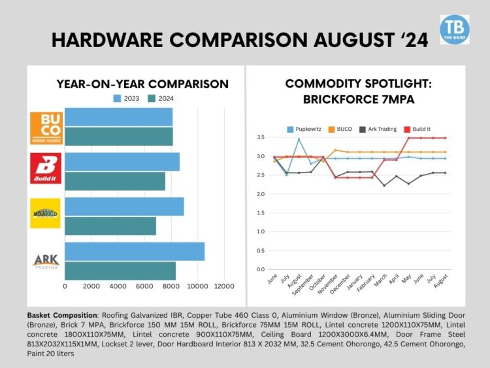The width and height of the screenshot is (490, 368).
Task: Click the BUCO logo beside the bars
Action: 46,127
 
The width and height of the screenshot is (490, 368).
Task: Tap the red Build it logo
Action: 46,168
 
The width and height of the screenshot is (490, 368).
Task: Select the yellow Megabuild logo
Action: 46,213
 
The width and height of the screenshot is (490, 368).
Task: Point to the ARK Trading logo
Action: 46,260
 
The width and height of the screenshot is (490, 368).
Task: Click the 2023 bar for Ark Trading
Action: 135,251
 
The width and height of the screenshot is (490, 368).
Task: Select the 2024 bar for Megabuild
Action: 110,226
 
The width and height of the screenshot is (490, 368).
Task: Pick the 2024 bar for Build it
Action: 115,181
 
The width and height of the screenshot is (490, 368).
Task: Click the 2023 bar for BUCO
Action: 118,117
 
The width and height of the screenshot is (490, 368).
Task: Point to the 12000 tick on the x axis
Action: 224,286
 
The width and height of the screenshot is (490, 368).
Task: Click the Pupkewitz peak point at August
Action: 299,139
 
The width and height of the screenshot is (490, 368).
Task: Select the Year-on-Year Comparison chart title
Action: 142,84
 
